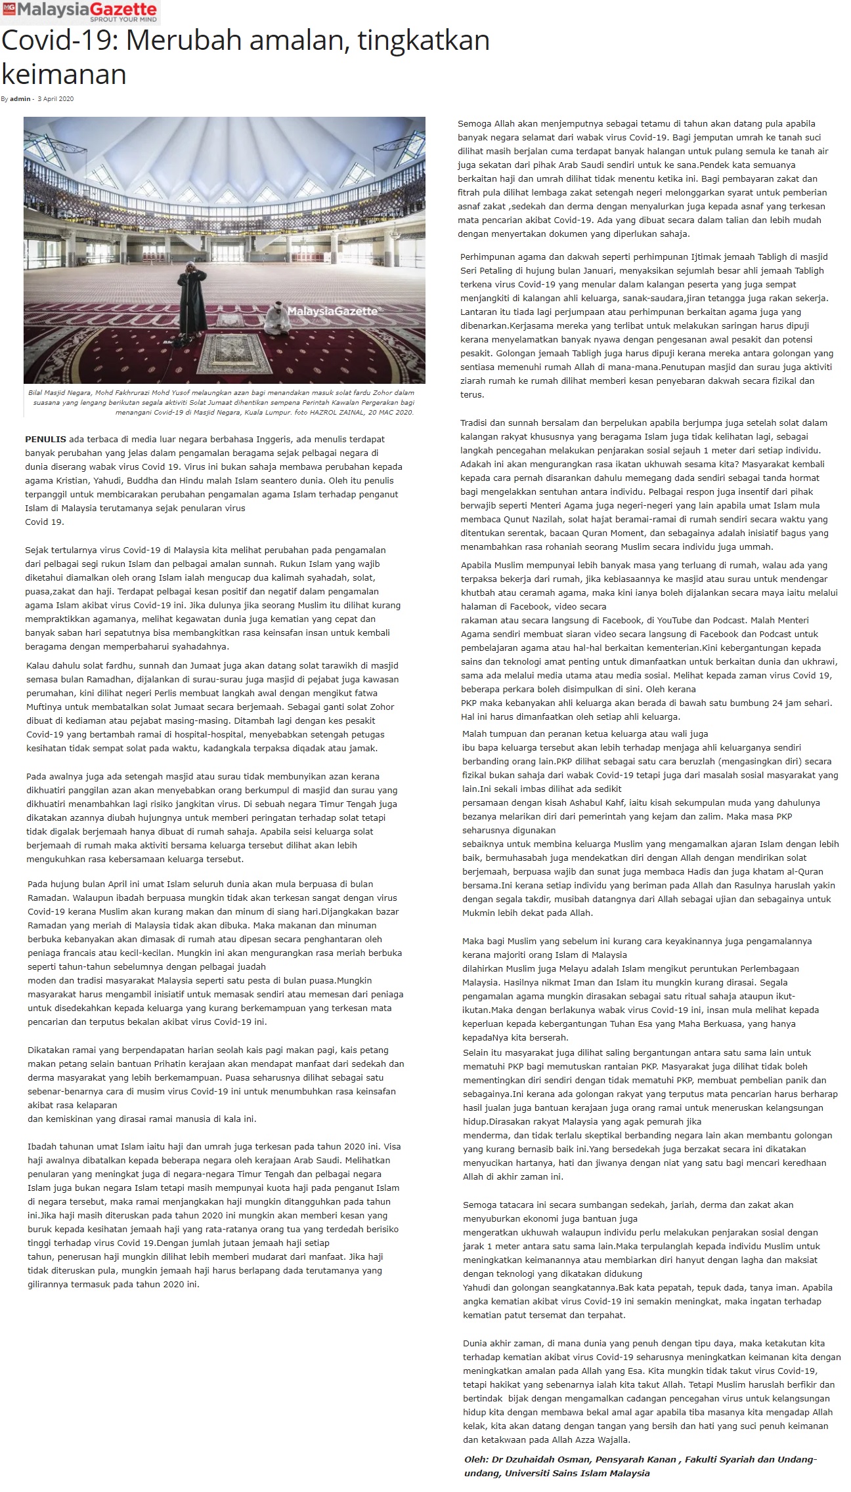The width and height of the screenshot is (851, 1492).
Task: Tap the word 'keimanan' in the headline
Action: click(64, 74)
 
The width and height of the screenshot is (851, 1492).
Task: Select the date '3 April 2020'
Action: click(55, 99)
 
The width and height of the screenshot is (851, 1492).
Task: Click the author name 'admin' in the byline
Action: click(20, 99)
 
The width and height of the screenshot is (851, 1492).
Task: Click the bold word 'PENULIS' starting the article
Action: click(45, 439)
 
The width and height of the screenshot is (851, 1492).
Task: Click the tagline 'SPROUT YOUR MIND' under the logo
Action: click(123, 20)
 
